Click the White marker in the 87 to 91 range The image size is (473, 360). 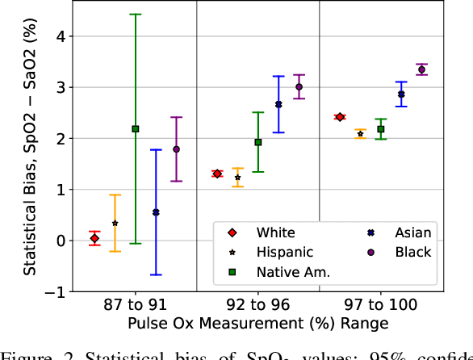(x=94, y=238)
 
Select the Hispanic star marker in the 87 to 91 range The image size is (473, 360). (x=115, y=223)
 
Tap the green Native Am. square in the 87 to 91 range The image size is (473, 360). (x=135, y=129)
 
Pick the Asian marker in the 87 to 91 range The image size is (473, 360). (x=156, y=212)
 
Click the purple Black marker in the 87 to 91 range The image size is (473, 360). (x=176, y=149)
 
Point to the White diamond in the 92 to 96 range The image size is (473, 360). (x=217, y=174)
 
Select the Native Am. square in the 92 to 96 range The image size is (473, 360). (x=258, y=142)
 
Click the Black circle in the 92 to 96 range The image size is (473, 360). (x=299, y=86)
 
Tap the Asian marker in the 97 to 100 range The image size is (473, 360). (x=401, y=94)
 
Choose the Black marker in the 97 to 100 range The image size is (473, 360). (x=421, y=69)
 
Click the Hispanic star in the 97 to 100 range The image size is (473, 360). (x=360, y=133)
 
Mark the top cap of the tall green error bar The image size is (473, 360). (x=135, y=15)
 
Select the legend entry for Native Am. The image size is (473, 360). (x=293, y=272)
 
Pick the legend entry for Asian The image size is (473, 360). (x=412, y=232)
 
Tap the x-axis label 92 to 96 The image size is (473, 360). (x=257, y=305)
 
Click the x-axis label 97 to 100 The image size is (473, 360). (x=380, y=305)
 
